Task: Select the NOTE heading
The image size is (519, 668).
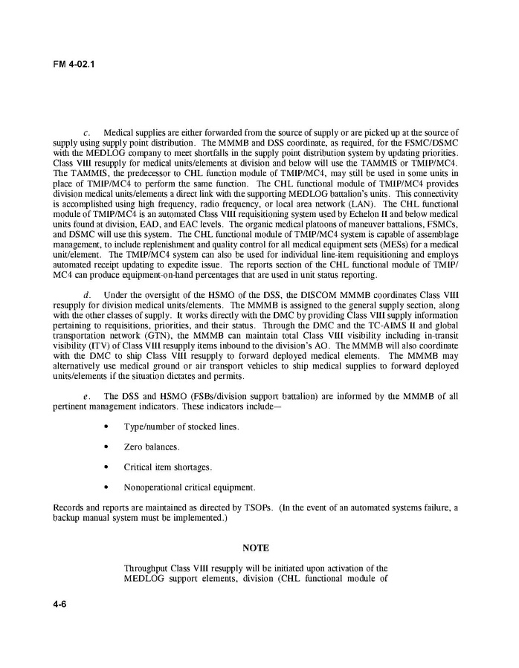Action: (x=256, y=548)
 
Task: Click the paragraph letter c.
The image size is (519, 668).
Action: (x=87, y=132)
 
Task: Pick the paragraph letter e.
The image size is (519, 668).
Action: (x=87, y=397)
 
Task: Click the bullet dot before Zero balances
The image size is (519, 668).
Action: (x=109, y=447)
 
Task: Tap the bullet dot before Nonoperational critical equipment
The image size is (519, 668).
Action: (x=109, y=487)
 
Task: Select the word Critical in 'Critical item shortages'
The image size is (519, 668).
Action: (x=139, y=467)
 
